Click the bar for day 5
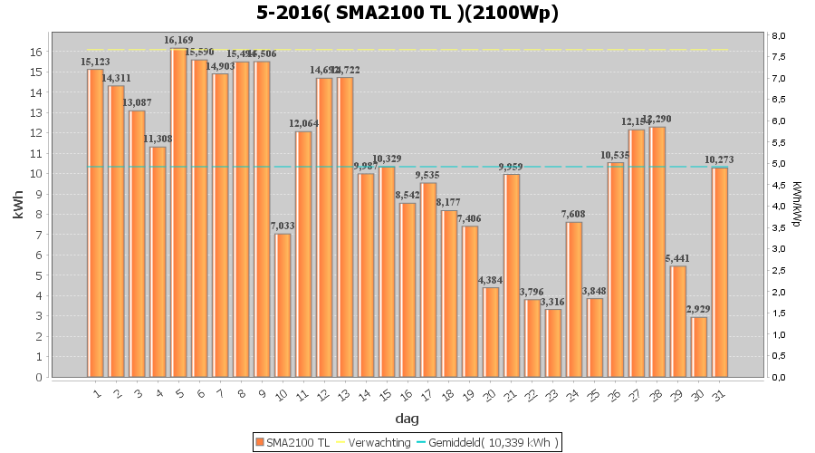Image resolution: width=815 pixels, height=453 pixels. (178, 213)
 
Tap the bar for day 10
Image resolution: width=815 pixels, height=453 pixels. (283, 305)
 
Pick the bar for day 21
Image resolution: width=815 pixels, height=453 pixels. (512, 275)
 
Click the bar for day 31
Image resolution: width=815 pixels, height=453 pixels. (720, 272)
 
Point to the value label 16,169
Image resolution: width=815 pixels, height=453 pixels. (178, 41)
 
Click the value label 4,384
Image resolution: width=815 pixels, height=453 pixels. (491, 280)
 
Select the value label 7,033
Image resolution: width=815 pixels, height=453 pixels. (283, 226)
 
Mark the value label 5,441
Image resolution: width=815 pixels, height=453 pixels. (678, 258)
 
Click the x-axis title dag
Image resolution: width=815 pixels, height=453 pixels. (407, 418)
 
